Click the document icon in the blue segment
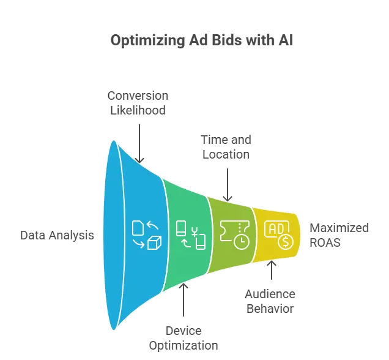[138, 228]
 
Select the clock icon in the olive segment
[242, 241]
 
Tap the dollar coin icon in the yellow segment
[285, 241]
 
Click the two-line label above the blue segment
[139, 103]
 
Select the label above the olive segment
[227, 148]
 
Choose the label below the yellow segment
[272, 299]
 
